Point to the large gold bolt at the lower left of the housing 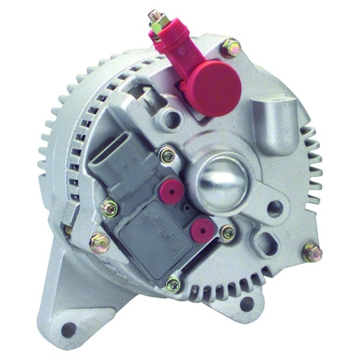tap(100, 242)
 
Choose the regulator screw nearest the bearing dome tap(167, 156)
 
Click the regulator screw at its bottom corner tap(173, 285)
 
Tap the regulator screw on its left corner tap(110, 208)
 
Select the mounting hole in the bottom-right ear tap(246, 303)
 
